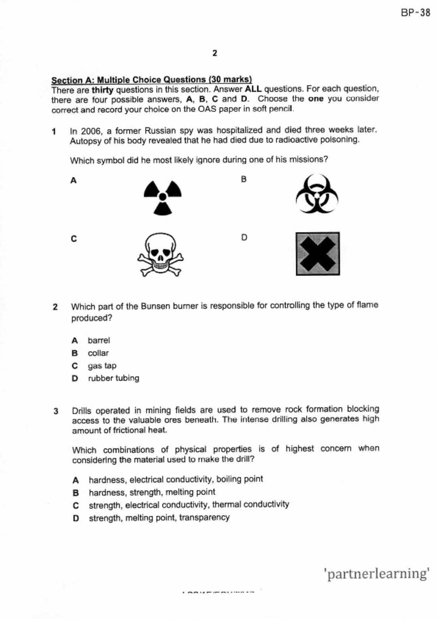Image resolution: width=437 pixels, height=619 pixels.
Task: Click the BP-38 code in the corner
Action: tap(415, 13)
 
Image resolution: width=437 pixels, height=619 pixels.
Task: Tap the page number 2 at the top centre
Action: tap(215, 53)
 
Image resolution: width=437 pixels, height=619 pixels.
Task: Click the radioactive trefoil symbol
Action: tap(163, 197)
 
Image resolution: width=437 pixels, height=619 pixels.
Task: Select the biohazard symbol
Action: tap(317, 194)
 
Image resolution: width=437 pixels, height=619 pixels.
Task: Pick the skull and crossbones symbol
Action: tap(160, 254)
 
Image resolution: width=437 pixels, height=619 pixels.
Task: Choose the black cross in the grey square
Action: tap(318, 254)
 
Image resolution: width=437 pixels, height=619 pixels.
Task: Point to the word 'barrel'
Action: tap(99, 341)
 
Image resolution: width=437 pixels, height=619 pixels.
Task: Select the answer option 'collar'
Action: tap(98, 353)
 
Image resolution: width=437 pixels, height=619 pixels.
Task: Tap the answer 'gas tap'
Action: tap(102, 366)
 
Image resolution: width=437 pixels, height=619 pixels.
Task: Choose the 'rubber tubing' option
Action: tap(114, 378)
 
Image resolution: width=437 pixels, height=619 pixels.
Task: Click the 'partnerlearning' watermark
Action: tap(376, 573)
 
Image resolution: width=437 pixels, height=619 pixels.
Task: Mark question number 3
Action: tap(56, 411)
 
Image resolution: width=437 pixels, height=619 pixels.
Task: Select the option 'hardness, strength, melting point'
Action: tap(152, 492)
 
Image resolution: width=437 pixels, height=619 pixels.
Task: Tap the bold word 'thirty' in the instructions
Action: tap(102, 90)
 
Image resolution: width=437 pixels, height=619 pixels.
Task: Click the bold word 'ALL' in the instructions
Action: tap(253, 89)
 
